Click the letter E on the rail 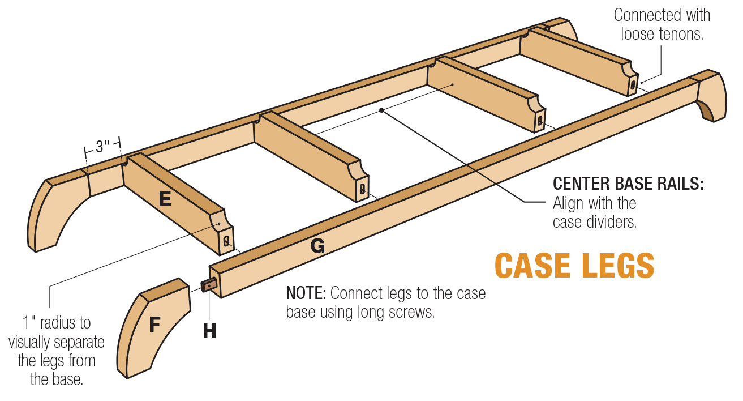pos(165,199)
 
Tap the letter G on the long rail pos(317,246)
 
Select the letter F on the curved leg pos(154,325)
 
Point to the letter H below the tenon pos(209,331)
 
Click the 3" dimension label pos(102,147)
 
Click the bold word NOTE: pos(306,293)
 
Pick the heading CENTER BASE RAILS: pos(628,184)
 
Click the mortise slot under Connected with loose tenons pos(633,86)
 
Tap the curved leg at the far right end pos(711,96)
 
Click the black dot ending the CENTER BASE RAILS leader pos(383,110)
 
